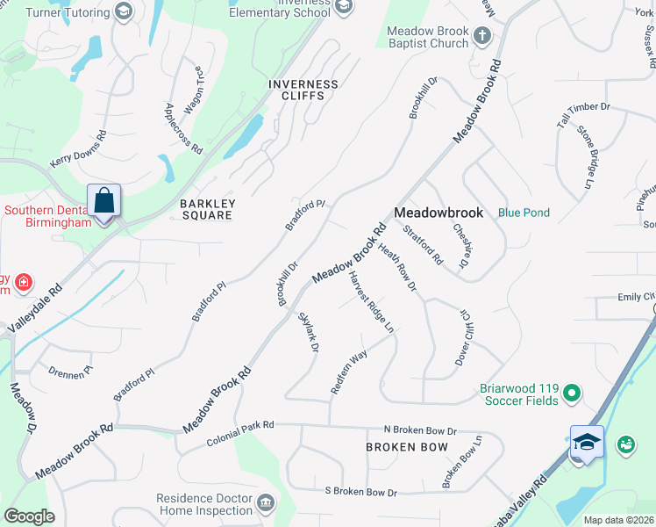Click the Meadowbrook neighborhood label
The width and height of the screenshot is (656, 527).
coord(439,213)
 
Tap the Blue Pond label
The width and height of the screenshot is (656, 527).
coord(524,213)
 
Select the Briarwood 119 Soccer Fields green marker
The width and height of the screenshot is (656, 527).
coord(572,392)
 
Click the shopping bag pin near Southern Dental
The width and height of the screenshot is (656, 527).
coord(103,201)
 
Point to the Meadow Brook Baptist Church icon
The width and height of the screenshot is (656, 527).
coord(481,36)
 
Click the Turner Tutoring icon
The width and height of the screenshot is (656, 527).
coord(124,12)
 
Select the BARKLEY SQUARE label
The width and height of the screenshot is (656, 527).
coord(207,209)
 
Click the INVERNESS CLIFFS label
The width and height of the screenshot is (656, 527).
coord(303,90)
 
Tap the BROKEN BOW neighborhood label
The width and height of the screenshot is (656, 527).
coord(406,447)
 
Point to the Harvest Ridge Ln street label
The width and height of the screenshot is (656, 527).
coord(370,302)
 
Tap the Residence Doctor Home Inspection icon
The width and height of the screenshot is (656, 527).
coord(265,503)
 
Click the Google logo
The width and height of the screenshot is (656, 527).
coord(29,516)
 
